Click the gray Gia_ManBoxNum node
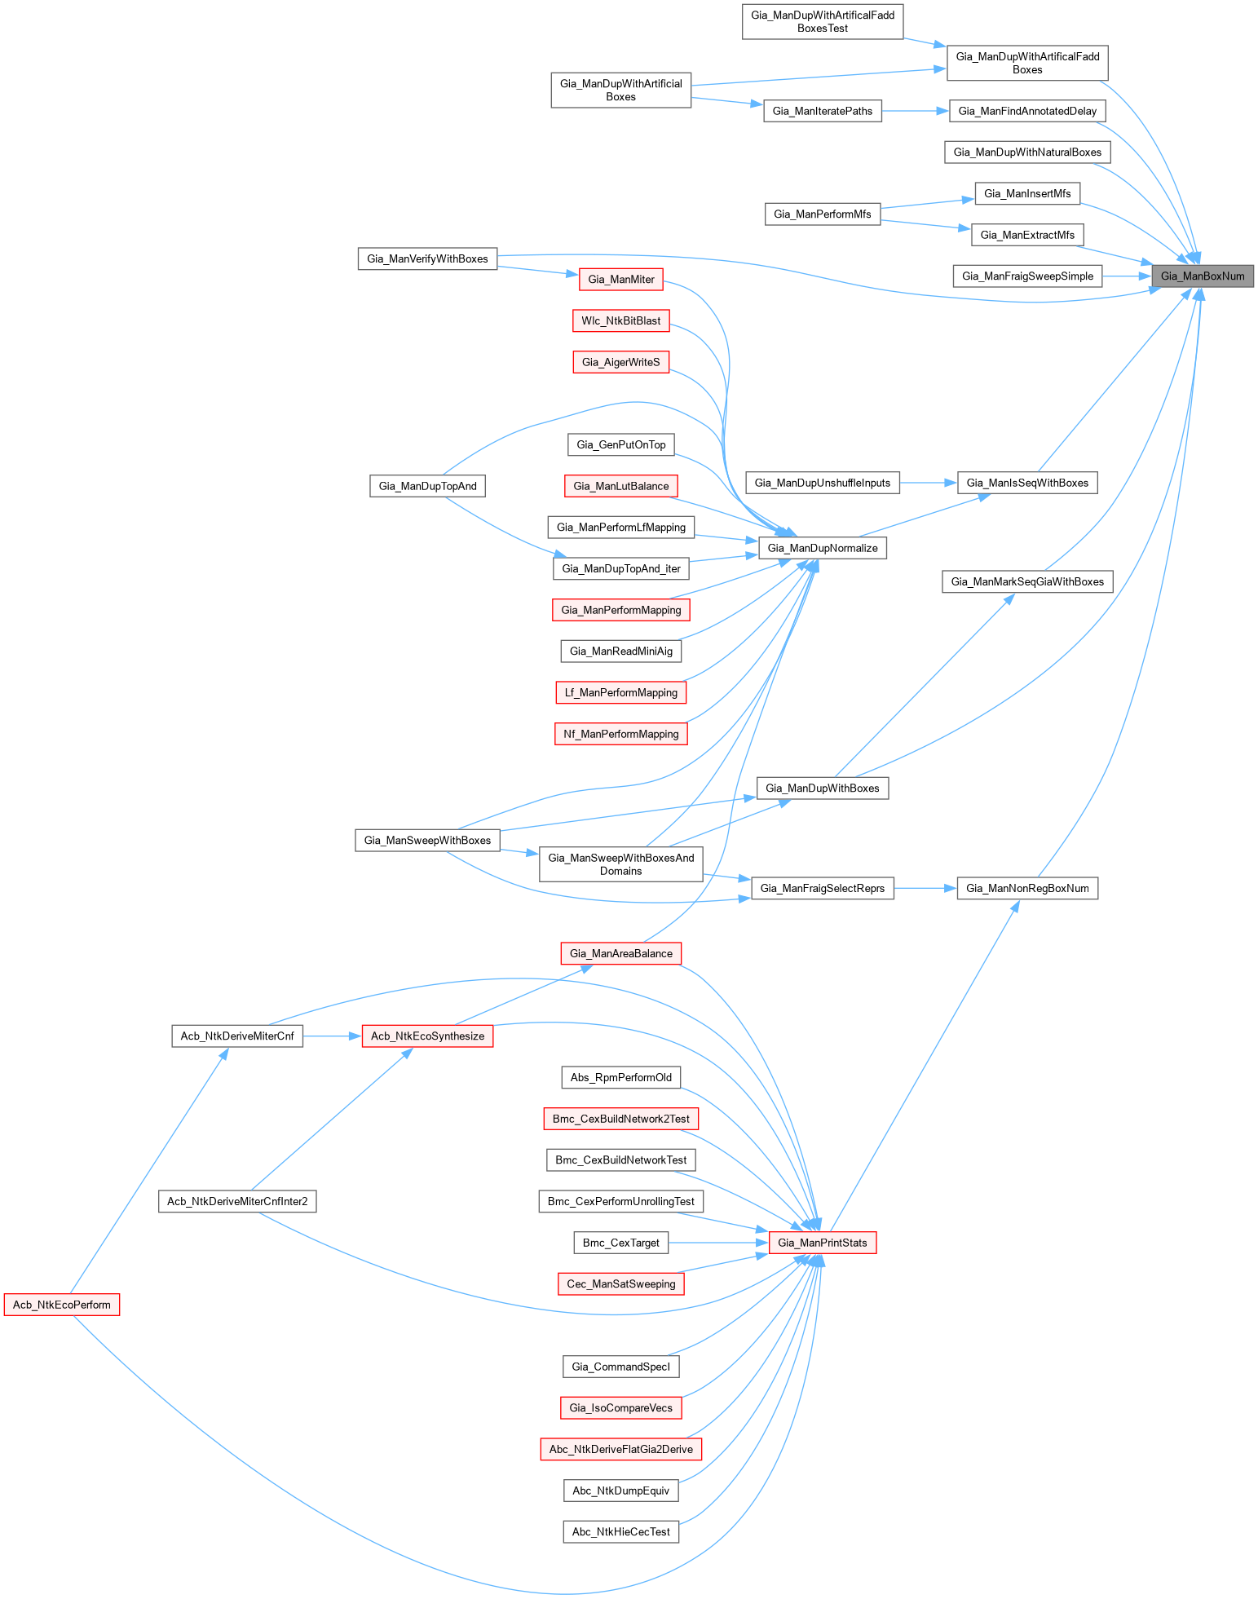tap(1203, 276)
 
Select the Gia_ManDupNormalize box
tap(823, 548)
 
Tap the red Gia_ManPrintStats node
tap(823, 1243)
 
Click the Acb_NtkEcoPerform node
tap(62, 1305)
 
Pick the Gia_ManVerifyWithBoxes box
tap(427, 258)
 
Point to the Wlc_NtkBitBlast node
tap(621, 320)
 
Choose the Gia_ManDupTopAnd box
tap(427, 486)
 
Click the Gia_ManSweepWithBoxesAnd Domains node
tap(621, 864)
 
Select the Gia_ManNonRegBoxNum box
tap(1027, 888)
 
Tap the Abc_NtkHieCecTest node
tap(621, 1531)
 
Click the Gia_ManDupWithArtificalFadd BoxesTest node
tap(823, 21)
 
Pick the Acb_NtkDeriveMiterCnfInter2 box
tap(237, 1201)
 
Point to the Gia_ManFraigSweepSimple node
tap(1027, 276)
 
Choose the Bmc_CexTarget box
tap(621, 1243)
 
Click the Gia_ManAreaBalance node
tap(621, 953)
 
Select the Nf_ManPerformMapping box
tap(621, 734)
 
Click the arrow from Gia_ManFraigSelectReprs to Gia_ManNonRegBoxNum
tap(925, 888)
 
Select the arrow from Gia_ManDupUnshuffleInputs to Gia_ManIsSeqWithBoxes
tap(929, 483)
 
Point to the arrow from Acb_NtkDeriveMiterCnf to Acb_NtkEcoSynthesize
tap(332, 1036)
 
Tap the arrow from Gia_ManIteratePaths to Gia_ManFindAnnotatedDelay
tap(916, 111)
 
